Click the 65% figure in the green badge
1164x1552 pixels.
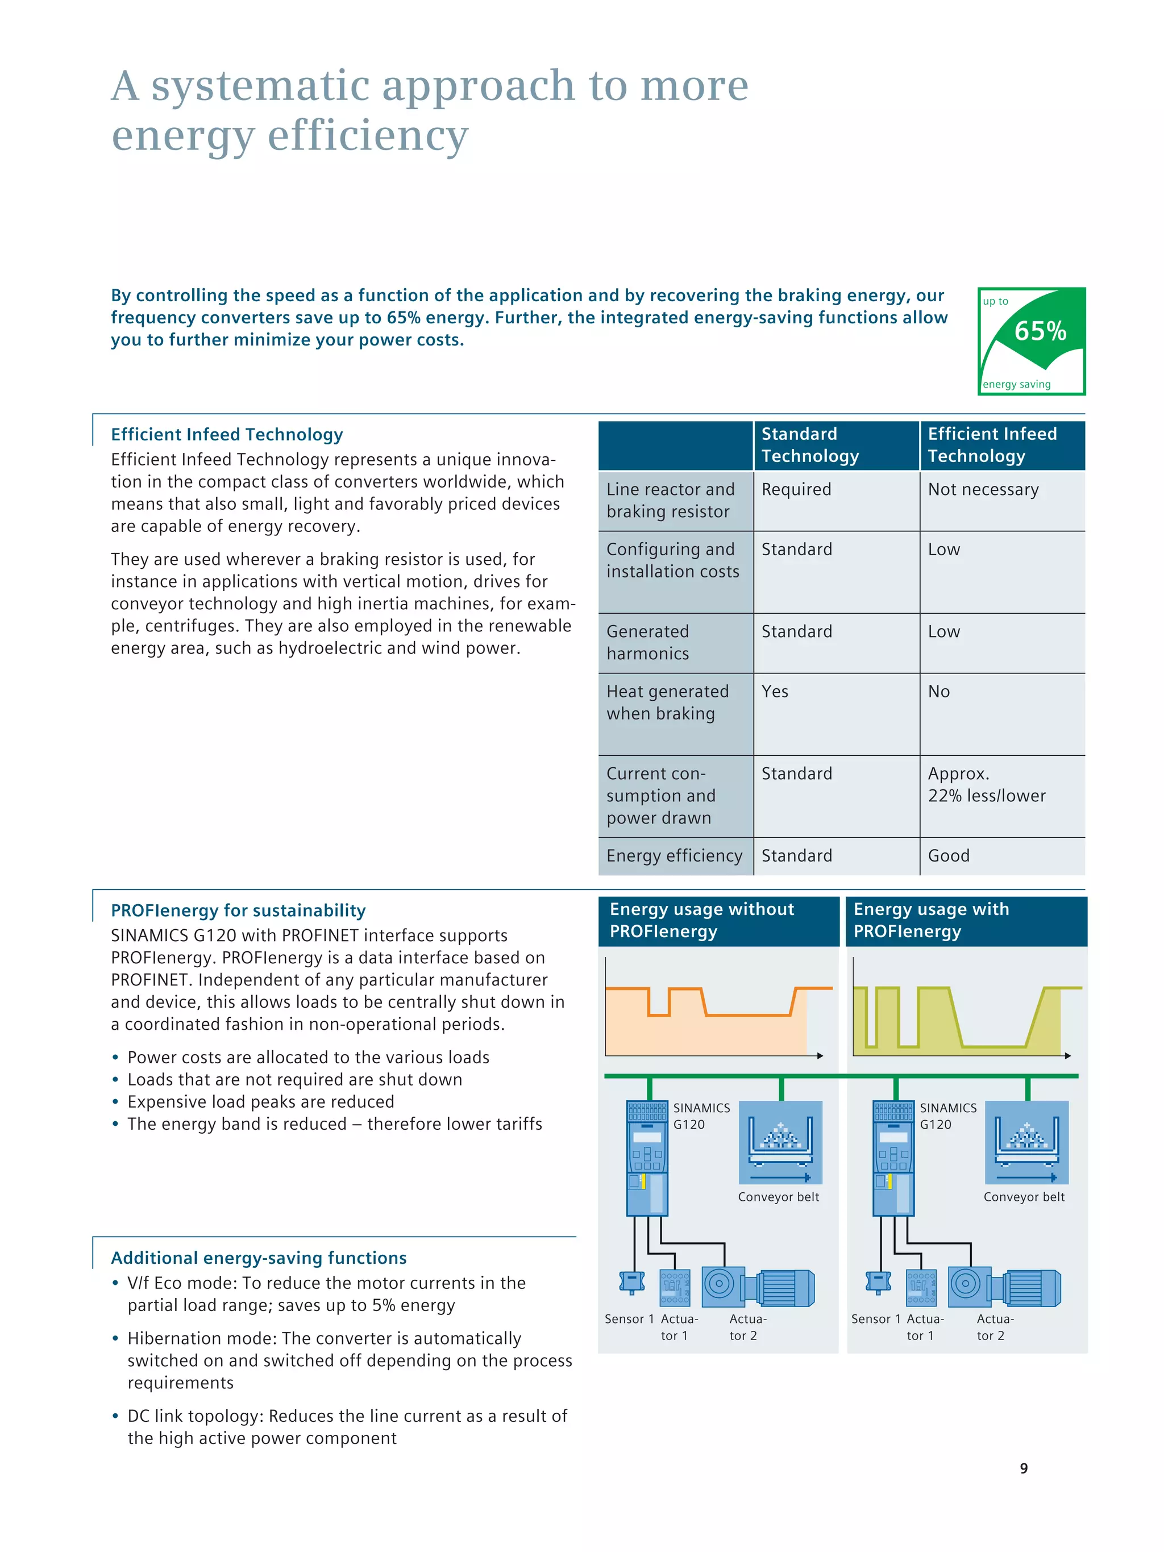[1040, 331]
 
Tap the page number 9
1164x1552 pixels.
[1024, 1468]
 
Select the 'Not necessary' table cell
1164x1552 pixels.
[983, 490]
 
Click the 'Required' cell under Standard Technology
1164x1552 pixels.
[796, 490]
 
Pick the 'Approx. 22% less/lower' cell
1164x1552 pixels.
[987, 784]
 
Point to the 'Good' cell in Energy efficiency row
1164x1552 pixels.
[949, 856]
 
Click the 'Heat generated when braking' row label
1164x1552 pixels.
[667, 702]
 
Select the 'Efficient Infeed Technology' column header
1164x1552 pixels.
[992, 445]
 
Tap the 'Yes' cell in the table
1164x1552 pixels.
[775, 692]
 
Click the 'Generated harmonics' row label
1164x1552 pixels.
[647, 643]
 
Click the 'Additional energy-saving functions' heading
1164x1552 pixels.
[259, 1258]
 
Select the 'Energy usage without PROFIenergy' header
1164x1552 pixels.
[701, 921]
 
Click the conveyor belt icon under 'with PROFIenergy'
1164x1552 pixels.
[1026, 1142]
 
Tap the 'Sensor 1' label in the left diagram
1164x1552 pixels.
[629, 1319]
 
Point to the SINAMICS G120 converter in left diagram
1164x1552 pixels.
[647, 1158]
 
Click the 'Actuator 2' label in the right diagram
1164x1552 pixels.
[993, 1328]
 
